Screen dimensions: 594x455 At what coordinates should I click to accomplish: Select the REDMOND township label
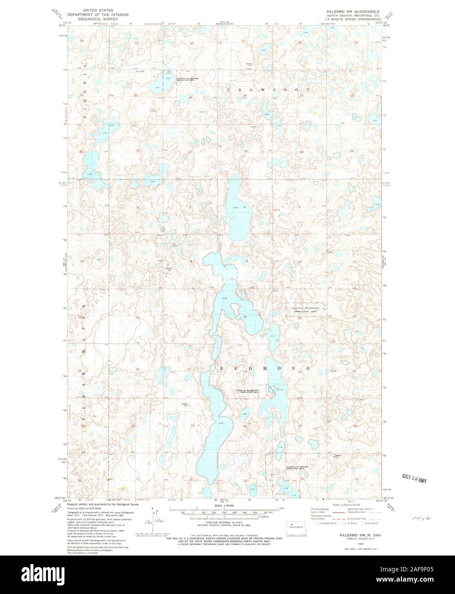coord(265,368)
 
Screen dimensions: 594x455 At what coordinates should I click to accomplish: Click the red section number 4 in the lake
coord(245,207)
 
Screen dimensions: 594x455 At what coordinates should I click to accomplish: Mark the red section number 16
coord(245,317)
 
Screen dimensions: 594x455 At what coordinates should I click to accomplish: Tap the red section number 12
coord(81,260)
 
